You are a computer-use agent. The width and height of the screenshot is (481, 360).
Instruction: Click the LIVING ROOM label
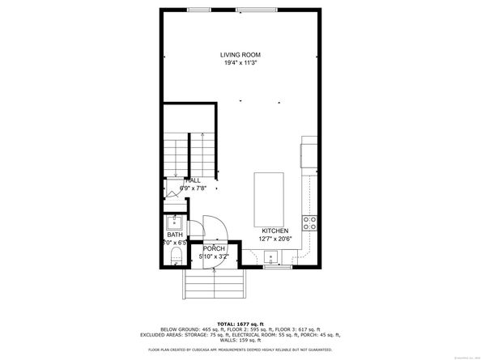[240, 55]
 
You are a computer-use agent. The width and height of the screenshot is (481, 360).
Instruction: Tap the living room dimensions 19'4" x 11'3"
[240, 63]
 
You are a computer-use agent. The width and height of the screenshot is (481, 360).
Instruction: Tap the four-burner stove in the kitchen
[309, 220]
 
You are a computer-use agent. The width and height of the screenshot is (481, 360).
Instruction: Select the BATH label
[176, 235]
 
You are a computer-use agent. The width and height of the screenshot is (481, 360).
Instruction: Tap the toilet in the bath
[176, 257]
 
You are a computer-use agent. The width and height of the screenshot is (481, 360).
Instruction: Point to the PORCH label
[214, 248]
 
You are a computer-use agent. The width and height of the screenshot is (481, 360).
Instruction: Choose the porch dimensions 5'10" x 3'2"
[214, 256]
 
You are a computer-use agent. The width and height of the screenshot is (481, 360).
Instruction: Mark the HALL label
[193, 180]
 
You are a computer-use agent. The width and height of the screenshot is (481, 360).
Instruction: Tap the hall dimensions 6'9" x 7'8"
[193, 188]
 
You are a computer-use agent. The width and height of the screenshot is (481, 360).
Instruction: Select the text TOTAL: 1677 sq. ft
[240, 322]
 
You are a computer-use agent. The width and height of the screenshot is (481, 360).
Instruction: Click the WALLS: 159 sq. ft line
[240, 339]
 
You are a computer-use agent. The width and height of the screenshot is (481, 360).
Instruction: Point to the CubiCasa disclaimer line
[240, 349]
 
